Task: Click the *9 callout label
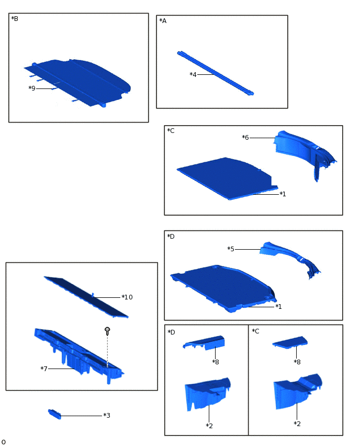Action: [32, 88]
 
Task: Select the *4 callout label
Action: [193, 74]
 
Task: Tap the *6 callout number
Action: [245, 138]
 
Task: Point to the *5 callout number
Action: [231, 249]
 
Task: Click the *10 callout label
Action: [127, 297]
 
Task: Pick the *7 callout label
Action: [44, 369]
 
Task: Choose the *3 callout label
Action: [107, 416]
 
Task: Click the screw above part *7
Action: [107, 331]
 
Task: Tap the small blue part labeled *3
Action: [54, 414]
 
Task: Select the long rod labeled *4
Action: [216, 73]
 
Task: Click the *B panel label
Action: [15, 19]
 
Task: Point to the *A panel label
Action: [163, 21]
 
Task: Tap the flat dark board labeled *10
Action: [86, 297]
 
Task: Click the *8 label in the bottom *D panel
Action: [216, 362]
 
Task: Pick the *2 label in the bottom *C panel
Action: [297, 424]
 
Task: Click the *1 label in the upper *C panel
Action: [283, 194]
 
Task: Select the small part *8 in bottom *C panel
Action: [290, 342]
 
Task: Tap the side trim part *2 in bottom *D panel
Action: [208, 394]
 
